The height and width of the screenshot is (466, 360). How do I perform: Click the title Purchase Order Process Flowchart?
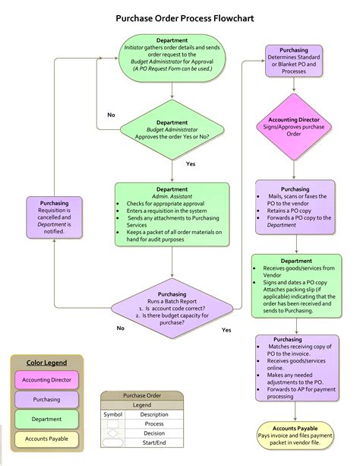click(x=180, y=16)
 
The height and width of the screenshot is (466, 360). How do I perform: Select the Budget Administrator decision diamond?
click(x=172, y=130)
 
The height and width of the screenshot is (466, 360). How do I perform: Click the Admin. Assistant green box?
click(x=172, y=214)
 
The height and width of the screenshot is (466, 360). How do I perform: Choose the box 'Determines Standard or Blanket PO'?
click(x=294, y=60)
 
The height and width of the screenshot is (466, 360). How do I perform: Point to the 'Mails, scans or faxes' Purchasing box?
click(x=294, y=204)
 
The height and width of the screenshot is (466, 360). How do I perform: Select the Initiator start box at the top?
click(x=172, y=54)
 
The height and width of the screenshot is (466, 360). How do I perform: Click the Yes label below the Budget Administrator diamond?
click(x=190, y=163)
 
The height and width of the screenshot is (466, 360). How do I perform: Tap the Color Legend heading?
click(x=46, y=363)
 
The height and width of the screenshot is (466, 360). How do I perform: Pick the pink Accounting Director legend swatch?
click(x=46, y=379)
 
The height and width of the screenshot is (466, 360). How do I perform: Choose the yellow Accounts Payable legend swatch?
click(x=46, y=438)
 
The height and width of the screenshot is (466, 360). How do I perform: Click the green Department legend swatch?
click(x=46, y=418)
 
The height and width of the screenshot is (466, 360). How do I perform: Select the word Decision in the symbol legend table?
click(x=154, y=433)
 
